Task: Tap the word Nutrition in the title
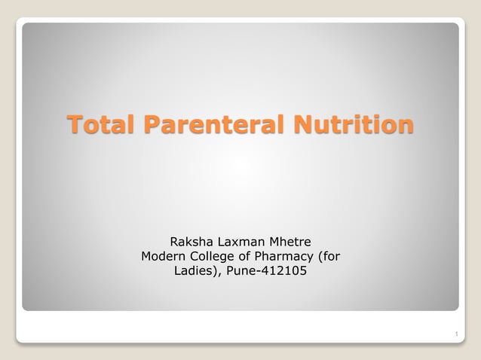pyautogui.click(x=354, y=124)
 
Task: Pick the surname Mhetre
pyautogui.click(x=290, y=243)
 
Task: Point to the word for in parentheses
pyautogui.click(x=331, y=257)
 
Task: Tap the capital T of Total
pyautogui.click(x=74, y=124)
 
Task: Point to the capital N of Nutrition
pyautogui.click(x=302, y=124)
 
